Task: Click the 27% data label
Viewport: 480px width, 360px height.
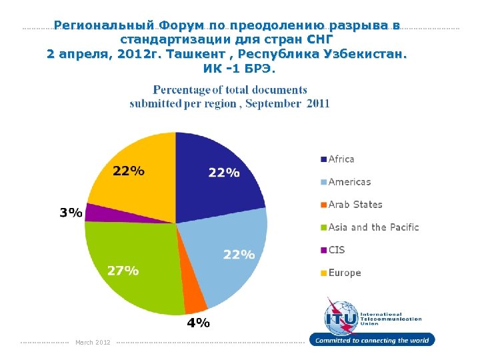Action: coord(123,271)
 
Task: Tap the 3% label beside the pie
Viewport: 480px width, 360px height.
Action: coord(71,213)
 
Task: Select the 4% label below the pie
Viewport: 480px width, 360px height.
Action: coord(198,323)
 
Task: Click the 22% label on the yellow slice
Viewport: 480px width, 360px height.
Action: coord(128,171)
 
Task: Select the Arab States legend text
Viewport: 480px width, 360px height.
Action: coord(355,205)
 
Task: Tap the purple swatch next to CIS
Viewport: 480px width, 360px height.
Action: coord(323,250)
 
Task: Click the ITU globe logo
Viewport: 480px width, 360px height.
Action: coord(340,316)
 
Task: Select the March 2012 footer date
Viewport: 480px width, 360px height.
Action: coord(93,343)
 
